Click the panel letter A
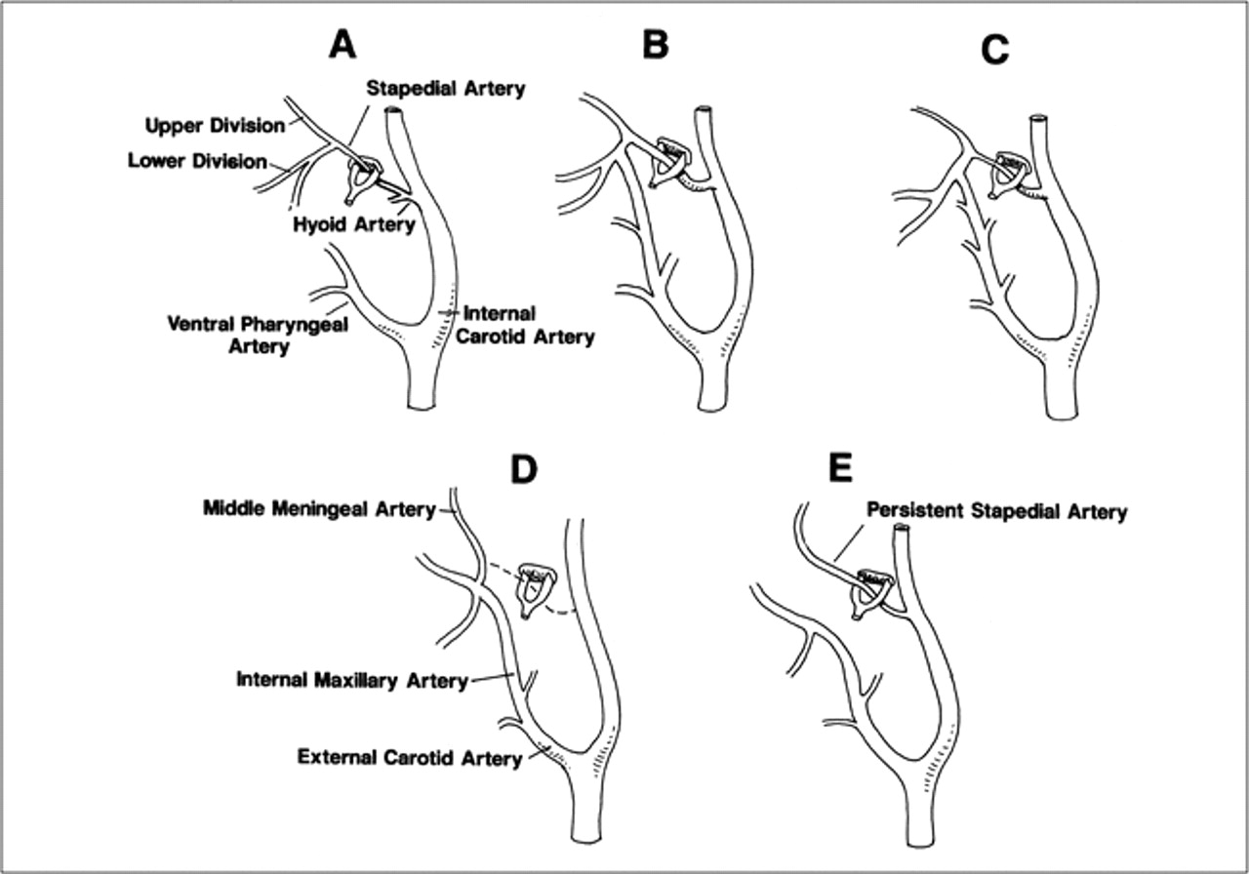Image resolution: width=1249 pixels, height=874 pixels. point(342,45)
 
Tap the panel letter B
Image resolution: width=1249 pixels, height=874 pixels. point(655,45)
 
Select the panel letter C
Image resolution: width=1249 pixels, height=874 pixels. point(994,51)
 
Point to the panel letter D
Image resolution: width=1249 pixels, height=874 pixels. point(524,470)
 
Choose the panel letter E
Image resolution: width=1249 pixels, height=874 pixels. point(841,468)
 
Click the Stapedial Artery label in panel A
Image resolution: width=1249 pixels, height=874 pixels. point(446,88)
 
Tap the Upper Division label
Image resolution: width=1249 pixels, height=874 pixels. point(216,126)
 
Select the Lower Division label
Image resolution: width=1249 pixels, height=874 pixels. point(198,161)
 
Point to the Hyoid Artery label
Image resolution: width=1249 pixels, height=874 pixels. point(354,224)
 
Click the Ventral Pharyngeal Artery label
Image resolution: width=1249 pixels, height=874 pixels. point(259,335)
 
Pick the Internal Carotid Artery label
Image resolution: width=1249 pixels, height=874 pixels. point(525,326)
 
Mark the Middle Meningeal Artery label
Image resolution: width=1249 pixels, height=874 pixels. point(319,508)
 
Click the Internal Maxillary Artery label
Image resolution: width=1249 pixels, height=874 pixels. point(352,680)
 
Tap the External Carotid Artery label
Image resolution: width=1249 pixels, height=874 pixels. point(410,758)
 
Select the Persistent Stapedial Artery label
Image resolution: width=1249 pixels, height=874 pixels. point(997,511)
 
